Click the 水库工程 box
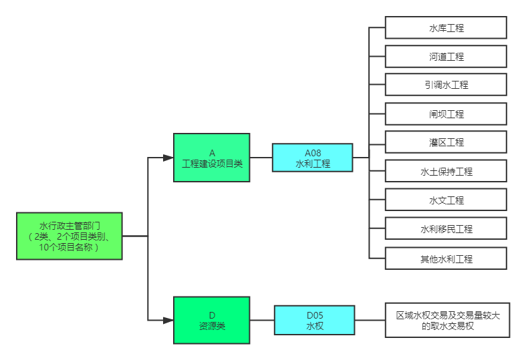[446, 28]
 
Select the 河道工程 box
[446, 57]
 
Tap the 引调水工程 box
[446, 85]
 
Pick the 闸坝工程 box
[446, 114]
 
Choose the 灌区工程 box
[446, 142]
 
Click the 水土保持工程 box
[446, 172]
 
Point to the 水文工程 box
[446, 200]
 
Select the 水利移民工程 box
[446, 229]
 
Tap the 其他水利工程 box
[446, 258]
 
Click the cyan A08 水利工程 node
[312, 158]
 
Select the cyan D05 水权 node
[314, 320]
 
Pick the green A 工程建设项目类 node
[212, 158]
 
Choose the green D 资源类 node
[212, 320]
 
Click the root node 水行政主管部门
[70, 236]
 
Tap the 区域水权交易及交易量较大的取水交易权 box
[447, 320]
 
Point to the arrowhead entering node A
[169, 158]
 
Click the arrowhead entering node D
[169, 320]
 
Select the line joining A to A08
[261, 158]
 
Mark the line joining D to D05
[262, 320]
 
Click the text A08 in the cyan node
[312, 153]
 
